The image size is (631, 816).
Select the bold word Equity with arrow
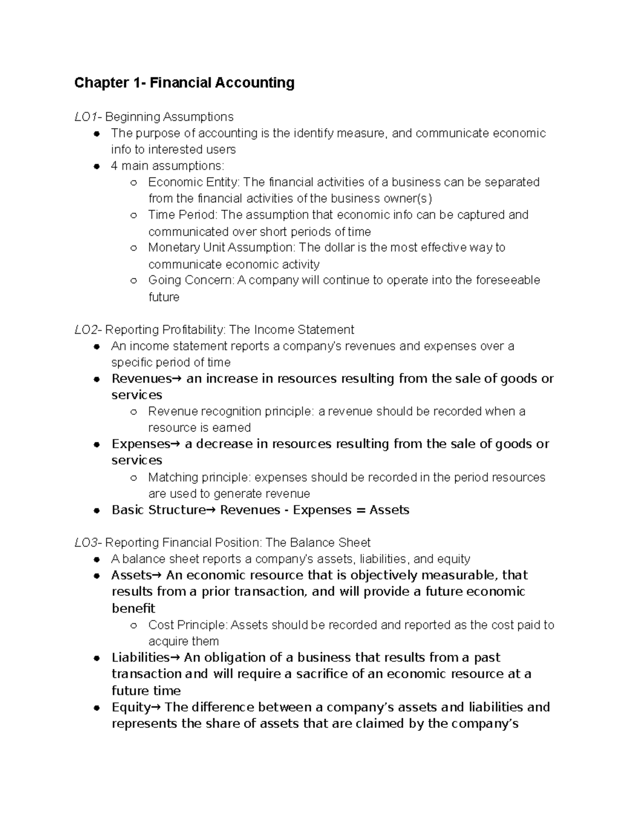pos(135,707)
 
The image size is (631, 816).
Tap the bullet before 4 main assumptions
pos(96,167)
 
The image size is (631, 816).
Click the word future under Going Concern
pos(164,297)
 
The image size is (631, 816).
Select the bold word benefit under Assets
pos(133,608)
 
